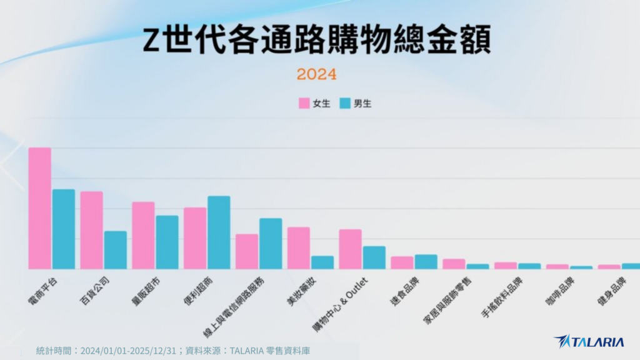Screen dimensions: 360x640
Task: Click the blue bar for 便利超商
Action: (219, 232)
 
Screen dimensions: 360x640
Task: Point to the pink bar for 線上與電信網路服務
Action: (247, 251)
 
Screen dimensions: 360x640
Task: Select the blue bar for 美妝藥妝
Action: (322, 262)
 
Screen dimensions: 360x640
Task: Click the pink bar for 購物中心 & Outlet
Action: (350, 249)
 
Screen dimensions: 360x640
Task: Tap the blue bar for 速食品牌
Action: (426, 261)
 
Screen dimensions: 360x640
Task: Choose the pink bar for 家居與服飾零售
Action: (454, 264)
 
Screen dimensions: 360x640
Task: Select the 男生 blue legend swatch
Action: (346, 103)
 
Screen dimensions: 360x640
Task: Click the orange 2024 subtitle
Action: (316, 74)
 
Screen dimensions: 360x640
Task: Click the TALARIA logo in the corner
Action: (589, 341)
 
